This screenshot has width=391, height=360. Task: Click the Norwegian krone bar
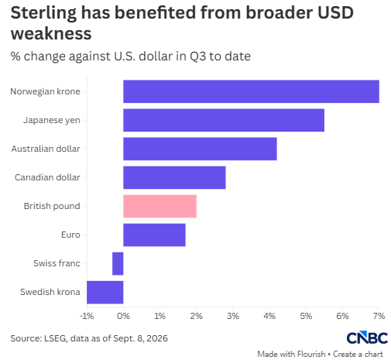(x=251, y=91)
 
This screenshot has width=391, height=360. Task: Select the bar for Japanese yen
(x=224, y=120)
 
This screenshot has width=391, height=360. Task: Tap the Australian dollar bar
(x=200, y=149)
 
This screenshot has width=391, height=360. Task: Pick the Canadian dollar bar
(x=174, y=177)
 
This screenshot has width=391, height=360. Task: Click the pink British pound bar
(x=159, y=206)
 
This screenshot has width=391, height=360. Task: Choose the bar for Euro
(x=154, y=235)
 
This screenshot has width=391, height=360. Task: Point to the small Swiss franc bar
(x=118, y=263)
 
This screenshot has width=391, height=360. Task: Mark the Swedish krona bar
(x=105, y=292)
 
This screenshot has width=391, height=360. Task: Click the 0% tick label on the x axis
(x=123, y=316)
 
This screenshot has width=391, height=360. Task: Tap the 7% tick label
(x=379, y=316)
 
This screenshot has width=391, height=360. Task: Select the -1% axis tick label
(x=87, y=316)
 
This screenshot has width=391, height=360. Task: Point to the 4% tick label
(x=269, y=316)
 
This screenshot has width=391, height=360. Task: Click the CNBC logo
(x=367, y=338)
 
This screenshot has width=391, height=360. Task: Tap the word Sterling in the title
(x=43, y=13)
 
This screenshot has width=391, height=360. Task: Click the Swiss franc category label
(x=57, y=263)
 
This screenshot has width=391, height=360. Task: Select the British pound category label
(x=52, y=206)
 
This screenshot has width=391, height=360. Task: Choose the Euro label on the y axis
(x=70, y=235)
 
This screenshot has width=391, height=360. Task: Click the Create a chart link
(x=358, y=354)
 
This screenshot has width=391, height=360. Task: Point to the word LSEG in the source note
(x=55, y=338)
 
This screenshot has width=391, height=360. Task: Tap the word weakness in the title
(x=51, y=33)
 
